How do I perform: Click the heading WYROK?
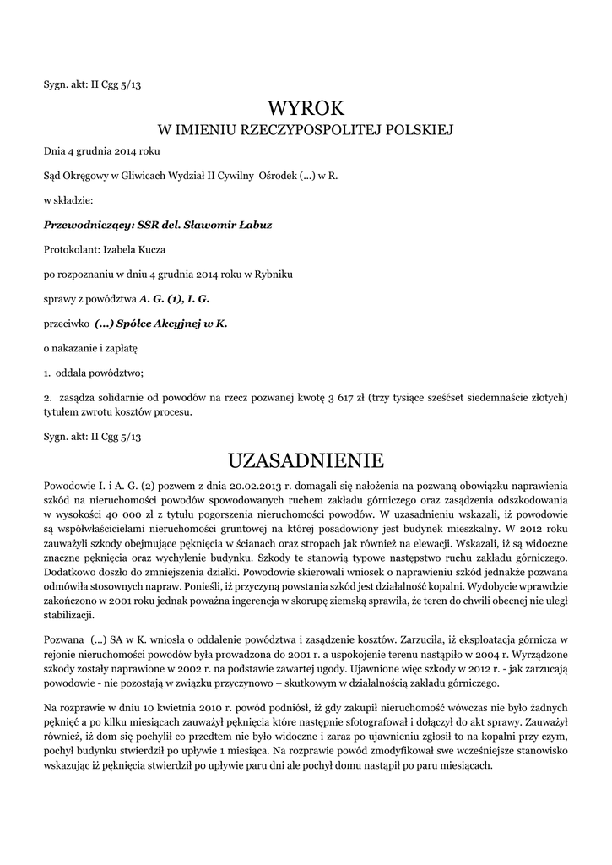pos(306,108)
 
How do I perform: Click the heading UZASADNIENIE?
pos(306,460)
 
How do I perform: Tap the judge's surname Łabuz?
pos(255,226)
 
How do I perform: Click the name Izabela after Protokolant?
pos(122,250)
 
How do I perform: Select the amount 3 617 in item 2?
pos(341,397)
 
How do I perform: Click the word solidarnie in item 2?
pos(117,397)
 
